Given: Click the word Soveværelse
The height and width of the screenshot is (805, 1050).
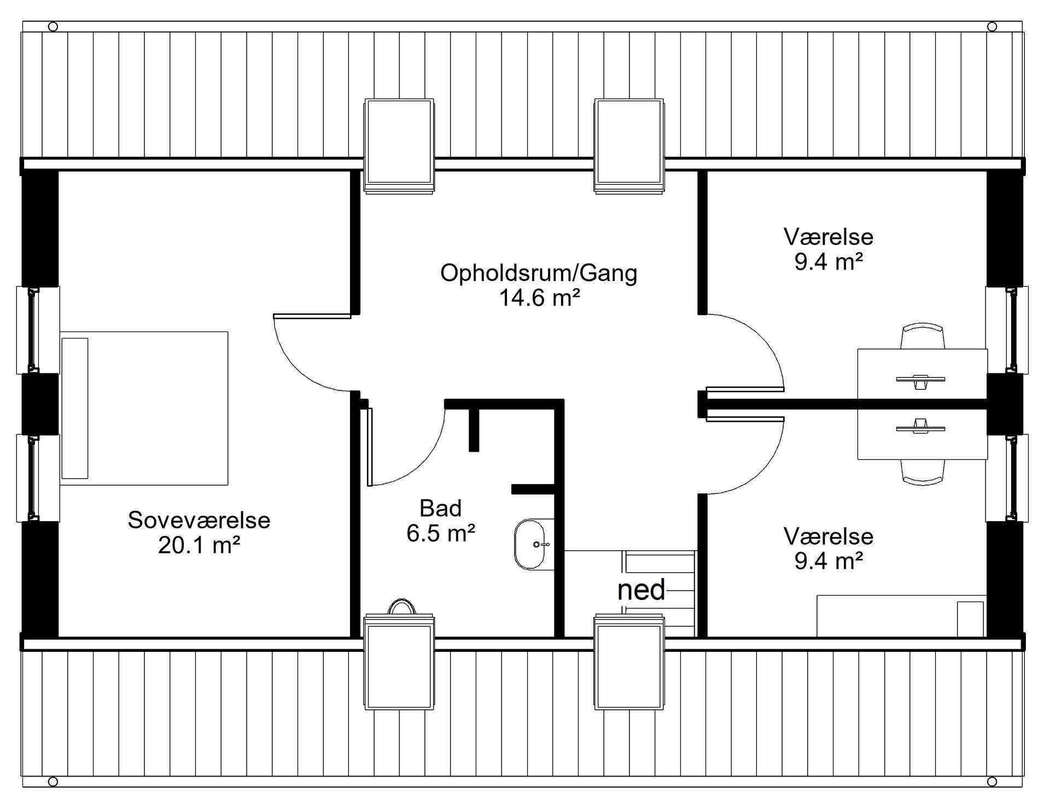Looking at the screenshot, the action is pyautogui.click(x=199, y=520).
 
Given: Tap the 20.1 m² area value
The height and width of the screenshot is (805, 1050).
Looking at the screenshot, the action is pyautogui.click(x=200, y=545).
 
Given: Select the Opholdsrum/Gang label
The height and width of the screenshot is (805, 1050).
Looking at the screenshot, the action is pyautogui.click(x=539, y=273).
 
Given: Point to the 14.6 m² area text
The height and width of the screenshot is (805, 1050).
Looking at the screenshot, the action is pyautogui.click(x=539, y=298).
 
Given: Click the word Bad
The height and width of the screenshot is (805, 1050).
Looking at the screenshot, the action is pyautogui.click(x=441, y=509).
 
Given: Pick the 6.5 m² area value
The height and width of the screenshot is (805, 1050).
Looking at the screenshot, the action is pyautogui.click(x=441, y=533).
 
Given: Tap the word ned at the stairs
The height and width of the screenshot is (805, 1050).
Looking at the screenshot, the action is pyautogui.click(x=641, y=590).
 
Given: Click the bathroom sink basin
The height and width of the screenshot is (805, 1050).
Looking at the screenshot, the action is pyautogui.click(x=530, y=545).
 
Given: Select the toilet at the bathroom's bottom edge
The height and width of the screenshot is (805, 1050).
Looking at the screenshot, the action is pyautogui.click(x=402, y=607).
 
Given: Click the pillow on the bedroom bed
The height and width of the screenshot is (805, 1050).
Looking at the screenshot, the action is pyautogui.click(x=75, y=408).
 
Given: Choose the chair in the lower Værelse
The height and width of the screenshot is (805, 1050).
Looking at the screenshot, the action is pyautogui.click(x=923, y=472).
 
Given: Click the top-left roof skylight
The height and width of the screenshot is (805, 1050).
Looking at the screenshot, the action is pyautogui.click(x=399, y=145).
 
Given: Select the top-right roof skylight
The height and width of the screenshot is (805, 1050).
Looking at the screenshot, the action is pyautogui.click(x=630, y=145).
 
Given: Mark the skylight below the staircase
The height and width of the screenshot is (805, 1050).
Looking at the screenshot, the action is pyautogui.click(x=630, y=662).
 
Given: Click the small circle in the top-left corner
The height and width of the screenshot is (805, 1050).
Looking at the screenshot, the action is pyautogui.click(x=53, y=26).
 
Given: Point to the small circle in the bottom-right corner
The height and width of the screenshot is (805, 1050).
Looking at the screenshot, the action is pyautogui.click(x=992, y=780).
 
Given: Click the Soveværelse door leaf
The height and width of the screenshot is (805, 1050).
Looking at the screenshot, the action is pyautogui.click(x=312, y=316).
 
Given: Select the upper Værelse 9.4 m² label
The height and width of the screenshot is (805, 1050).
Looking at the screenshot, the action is pyautogui.click(x=829, y=262).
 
